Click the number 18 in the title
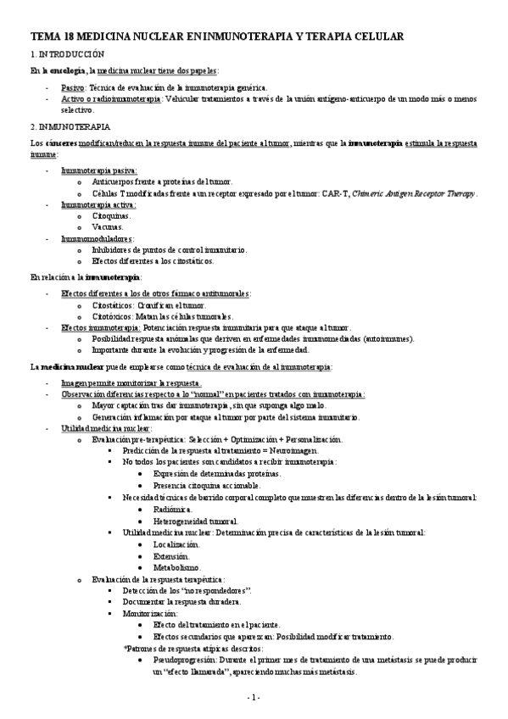(x=70, y=36)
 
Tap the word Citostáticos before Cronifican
(x=112, y=304)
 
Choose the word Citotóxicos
(x=112, y=315)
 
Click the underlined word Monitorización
(x=149, y=610)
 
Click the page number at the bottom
(x=253, y=697)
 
